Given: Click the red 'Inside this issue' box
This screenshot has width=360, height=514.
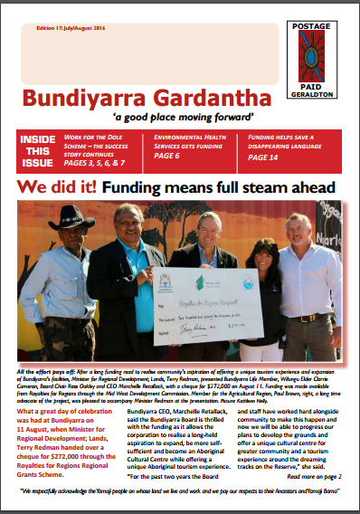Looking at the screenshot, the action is [39, 152].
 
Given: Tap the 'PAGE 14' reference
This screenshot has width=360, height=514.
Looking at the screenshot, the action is [267, 157].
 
